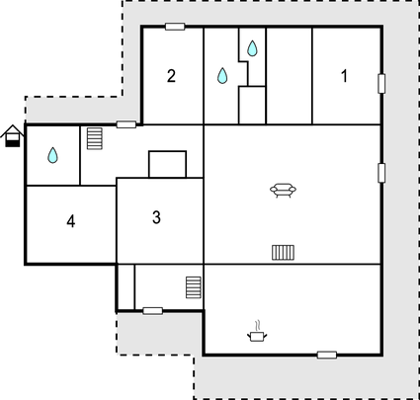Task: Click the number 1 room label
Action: coord(344,76)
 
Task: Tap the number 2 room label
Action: coord(171,76)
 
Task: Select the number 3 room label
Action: coord(156,217)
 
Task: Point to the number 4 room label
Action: coord(71,221)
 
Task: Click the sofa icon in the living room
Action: coord(283,191)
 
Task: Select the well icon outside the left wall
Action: coord(13,136)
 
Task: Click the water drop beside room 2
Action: coord(222,75)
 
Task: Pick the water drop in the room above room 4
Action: coord(52,155)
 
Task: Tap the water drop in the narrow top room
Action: coord(252,48)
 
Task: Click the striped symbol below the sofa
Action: coord(284,253)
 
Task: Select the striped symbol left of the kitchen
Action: coord(194,287)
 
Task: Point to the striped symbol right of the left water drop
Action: coord(95,138)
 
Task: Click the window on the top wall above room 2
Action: coord(175,27)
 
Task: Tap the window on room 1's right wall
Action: coord(381,84)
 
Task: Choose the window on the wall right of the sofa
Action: coord(381,173)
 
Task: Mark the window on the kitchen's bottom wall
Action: coord(327,355)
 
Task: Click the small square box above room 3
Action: coord(168,164)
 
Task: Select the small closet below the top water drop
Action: coord(252,106)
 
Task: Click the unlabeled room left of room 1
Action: coord(289,76)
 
